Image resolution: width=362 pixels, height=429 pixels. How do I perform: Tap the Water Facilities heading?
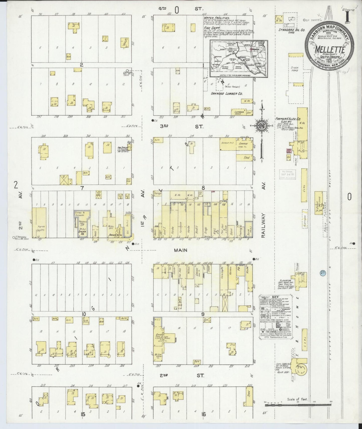click(216, 18)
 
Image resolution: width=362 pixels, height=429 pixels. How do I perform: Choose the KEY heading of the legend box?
click(275, 297)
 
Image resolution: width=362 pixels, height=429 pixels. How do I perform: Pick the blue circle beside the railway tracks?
click(323, 272)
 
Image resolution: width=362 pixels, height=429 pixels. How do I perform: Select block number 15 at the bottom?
click(83, 414)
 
